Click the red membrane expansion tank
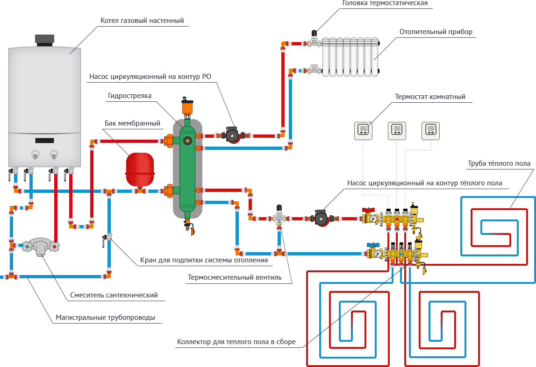tap(140, 169)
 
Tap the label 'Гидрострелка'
tap(129, 96)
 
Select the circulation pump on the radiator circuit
tap(232, 136)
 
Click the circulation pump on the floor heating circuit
tap(321, 219)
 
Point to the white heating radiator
tap(351, 56)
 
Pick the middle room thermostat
tap(396, 130)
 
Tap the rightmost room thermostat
tap(430, 130)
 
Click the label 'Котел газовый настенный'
tap(142, 21)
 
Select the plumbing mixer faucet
tap(40, 246)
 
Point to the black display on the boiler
tap(44, 140)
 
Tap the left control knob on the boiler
tap(36, 154)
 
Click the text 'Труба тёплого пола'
tap(499, 163)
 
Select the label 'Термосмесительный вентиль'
tap(235, 277)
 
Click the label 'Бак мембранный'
tap(132, 123)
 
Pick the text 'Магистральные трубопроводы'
tap(105, 318)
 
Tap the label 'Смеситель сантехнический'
tap(114, 295)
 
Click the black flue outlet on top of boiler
tap(45, 40)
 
